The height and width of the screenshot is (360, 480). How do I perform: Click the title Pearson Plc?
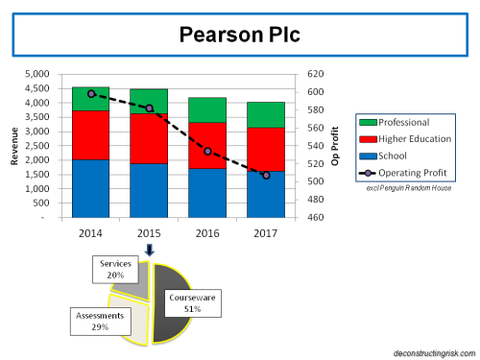click(x=239, y=36)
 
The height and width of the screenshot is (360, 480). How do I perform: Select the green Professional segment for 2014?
click(x=90, y=99)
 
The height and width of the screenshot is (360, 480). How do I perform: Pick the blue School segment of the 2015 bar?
click(x=149, y=190)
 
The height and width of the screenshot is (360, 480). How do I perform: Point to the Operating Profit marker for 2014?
click(x=91, y=94)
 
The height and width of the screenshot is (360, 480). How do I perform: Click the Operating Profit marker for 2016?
click(x=208, y=152)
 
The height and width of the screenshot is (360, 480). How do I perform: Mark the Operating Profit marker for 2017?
click(x=266, y=176)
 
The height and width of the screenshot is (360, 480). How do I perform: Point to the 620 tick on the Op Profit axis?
click(x=316, y=74)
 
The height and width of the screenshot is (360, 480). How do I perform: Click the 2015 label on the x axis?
click(x=149, y=233)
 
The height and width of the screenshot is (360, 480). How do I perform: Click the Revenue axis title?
click(x=13, y=146)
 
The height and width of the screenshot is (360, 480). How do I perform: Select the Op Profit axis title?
click(x=336, y=146)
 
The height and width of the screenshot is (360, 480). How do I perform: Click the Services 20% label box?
click(x=115, y=268)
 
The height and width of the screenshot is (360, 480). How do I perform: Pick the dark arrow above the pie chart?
click(x=150, y=251)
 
